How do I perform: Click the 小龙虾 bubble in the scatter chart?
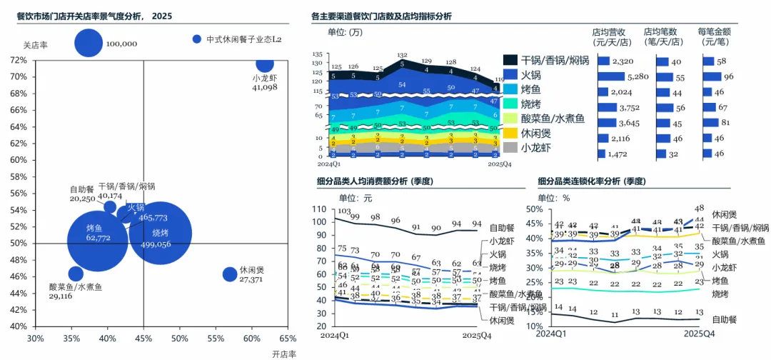click(x=265, y=64)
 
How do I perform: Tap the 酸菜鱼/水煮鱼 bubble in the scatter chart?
click(x=76, y=274)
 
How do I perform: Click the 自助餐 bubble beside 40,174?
click(x=110, y=207)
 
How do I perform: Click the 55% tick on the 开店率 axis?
click(x=215, y=339)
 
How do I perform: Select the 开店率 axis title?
click(x=283, y=353)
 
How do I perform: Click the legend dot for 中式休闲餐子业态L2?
click(x=198, y=39)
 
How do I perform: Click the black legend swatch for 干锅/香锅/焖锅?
click(x=510, y=60)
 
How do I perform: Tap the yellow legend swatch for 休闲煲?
click(x=510, y=133)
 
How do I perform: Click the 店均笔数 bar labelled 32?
click(x=655, y=154)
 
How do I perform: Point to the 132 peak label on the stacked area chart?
click(x=402, y=55)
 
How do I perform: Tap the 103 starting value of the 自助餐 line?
click(x=343, y=211)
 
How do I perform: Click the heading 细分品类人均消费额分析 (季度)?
click(x=376, y=181)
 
